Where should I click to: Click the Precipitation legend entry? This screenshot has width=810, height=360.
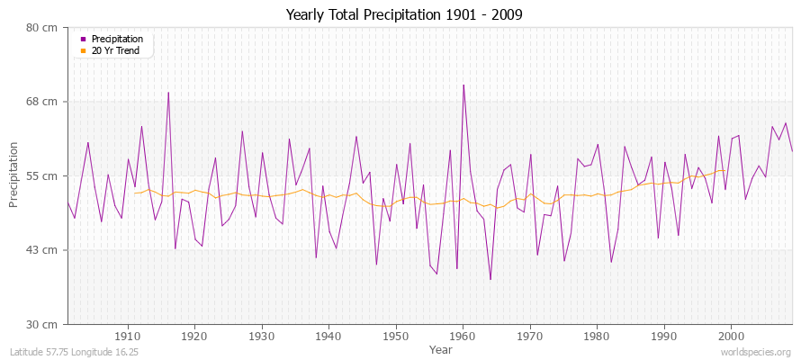click(x=117, y=39)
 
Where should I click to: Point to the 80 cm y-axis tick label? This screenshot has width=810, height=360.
click(x=42, y=27)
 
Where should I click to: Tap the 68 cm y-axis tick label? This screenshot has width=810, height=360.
click(x=42, y=102)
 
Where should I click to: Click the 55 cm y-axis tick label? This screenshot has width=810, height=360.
click(x=42, y=175)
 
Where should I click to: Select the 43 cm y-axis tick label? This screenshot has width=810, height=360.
click(x=42, y=249)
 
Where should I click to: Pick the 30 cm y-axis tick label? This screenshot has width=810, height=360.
click(x=42, y=323)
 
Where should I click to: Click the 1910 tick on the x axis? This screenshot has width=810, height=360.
click(x=128, y=336)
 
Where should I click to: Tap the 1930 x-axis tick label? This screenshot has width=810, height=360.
click(x=262, y=336)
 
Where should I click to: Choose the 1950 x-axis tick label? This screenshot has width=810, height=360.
click(x=396, y=336)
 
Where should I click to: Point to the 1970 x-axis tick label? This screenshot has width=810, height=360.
click(x=530, y=336)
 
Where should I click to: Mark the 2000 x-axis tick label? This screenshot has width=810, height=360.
click(x=731, y=336)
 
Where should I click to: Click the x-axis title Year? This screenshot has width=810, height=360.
click(x=441, y=348)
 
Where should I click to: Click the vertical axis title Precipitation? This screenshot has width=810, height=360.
click(x=14, y=175)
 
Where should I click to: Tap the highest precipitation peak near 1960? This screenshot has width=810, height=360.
click(x=463, y=85)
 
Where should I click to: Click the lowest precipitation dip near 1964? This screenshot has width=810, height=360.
click(x=490, y=279)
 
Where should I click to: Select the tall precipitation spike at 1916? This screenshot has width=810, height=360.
click(x=168, y=93)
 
